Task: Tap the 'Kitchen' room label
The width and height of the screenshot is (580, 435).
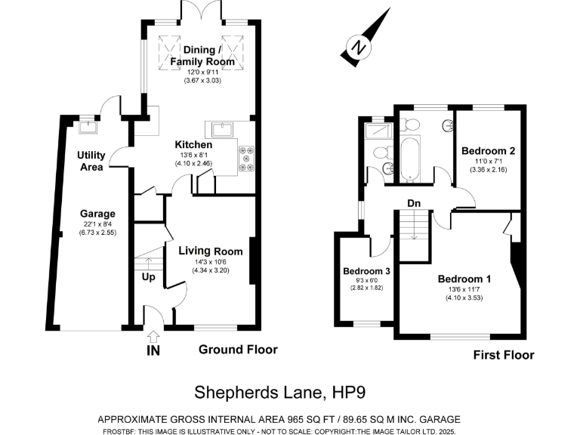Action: pos(193,145)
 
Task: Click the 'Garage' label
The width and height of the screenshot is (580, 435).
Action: pos(98,214)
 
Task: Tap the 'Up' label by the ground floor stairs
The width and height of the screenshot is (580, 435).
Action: pos(147,277)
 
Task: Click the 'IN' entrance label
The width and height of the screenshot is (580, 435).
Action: pos(154,350)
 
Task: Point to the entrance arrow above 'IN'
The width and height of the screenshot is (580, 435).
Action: pos(154,336)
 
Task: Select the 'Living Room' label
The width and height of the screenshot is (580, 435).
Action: pos(210,251)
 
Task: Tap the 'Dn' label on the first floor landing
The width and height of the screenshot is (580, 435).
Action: pos(414,203)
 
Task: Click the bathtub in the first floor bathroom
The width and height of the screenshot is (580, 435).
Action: pos(409,159)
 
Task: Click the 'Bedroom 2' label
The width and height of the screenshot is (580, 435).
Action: pos(488,151)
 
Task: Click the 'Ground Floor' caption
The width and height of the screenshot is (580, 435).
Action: pos(238,350)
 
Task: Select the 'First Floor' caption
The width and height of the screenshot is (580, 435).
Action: pos(503,355)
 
